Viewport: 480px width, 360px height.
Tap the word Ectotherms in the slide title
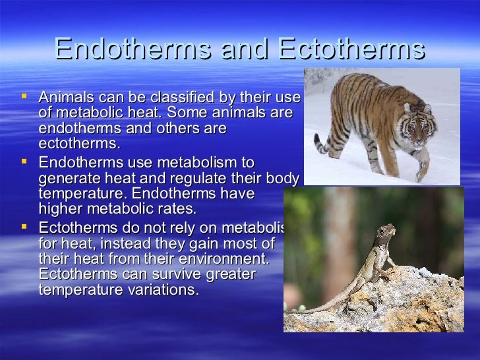352,49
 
